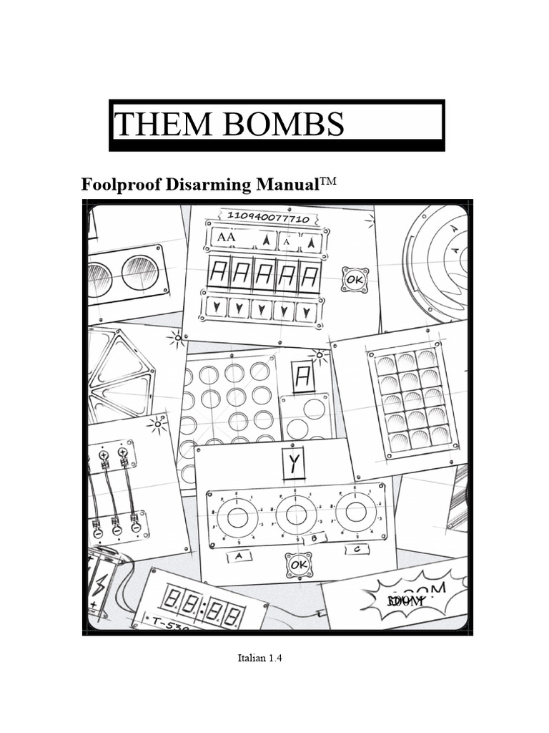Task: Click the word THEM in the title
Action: coord(154,125)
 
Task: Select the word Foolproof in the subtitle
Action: coord(122,185)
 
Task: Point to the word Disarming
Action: coord(201,185)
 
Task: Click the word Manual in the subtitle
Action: coord(277,185)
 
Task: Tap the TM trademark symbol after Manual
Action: coord(325,182)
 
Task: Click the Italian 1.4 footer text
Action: coord(260,658)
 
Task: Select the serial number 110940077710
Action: coord(268,218)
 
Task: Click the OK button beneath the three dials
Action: coord(297,565)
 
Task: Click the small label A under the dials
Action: coord(238,555)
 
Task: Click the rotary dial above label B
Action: coord(296,513)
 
